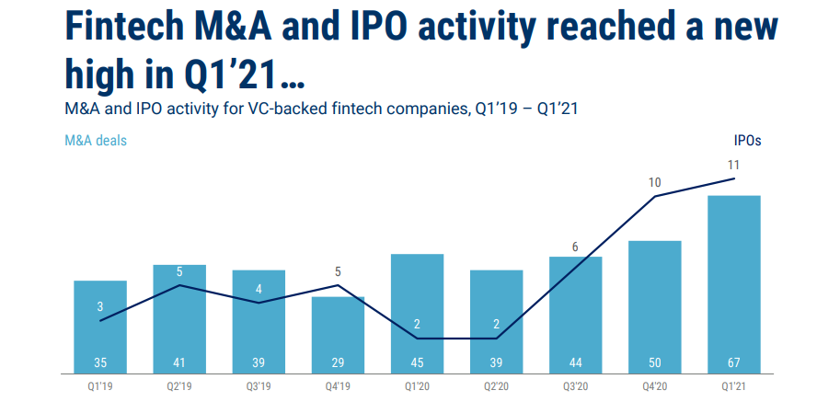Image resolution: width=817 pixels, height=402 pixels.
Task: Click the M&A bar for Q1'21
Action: tap(733, 276)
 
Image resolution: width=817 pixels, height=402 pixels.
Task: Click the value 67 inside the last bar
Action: tap(733, 360)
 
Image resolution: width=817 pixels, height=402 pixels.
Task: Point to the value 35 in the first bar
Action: tap(100, 360)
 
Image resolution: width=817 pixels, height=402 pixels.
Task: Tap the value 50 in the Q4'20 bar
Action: tap(654, 360)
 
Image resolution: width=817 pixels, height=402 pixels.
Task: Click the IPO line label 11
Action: tap(733, 165)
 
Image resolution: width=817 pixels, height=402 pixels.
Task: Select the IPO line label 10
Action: tap(654, 182)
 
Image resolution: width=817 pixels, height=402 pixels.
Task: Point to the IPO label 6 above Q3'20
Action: tap(575, 247)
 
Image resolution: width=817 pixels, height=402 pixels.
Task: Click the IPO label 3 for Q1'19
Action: tap(100, 307)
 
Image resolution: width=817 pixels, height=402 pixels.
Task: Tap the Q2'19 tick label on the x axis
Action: tap(179, 385)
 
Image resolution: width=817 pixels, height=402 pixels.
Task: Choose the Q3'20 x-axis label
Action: tap(575, 385)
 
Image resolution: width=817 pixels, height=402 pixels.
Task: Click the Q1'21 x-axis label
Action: tap(733, 385)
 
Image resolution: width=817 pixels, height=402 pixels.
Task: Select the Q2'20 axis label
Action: tap(496, 385)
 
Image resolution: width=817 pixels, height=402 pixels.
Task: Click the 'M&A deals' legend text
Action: tap(96, 141)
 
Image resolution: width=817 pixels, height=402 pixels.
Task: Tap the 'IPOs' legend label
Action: tap(747, 141)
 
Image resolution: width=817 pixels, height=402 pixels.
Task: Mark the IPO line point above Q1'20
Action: tap(417, 339)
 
